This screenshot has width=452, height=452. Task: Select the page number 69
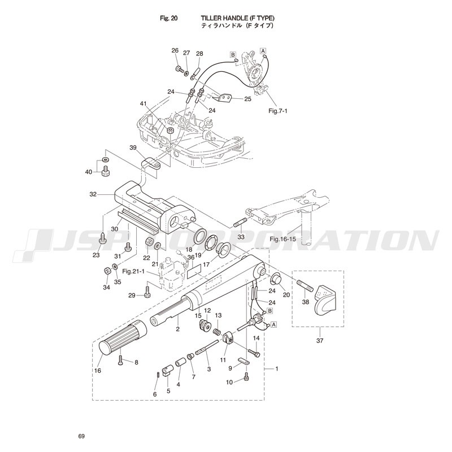tap(82, 436)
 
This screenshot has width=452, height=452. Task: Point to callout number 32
tap(93, 194)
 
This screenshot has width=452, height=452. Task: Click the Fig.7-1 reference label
tap(278, 111)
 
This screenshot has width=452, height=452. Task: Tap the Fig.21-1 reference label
tap(136, 271)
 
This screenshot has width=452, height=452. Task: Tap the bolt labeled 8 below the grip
tap(121, 359)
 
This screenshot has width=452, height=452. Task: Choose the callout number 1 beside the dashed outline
tap(276, 369)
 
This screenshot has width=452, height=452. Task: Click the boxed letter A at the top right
tap(263, 51)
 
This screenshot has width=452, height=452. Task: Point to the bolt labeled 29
tap(147, 294)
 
